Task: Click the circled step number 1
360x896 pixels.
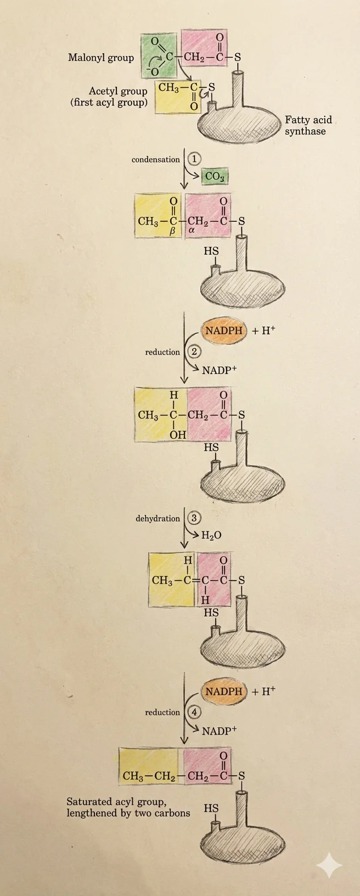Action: pyautogui.click(x=194, y=159)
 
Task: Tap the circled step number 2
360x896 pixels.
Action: pyautogui.click(x=194, y=351)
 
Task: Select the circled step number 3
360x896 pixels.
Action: pyautogui.click(x=194, y=518)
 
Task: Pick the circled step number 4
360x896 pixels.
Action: pyautogui.click(x=194, y=712)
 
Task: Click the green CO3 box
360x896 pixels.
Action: pyautogui.click(x=215, y=176)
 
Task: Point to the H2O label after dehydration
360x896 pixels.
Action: pyautogui.click(x=211, y=535)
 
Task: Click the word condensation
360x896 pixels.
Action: pyautogui.click(x=156, y=159)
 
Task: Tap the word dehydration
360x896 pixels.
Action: pyautogui.click(x=157, y=518)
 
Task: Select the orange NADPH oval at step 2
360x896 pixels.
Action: pyautogui.click(x=224, y=331)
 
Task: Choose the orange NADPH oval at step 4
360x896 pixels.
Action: pyautogui.click(x=224, y=691)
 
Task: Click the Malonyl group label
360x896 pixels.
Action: pyautogui.click(x=101, y=58)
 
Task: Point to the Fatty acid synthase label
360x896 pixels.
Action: pyautogui.click(x=308, y=126)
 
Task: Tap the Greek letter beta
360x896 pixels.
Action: pyautogui.click(x=173, y=231)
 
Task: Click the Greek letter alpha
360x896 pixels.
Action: pyautogui.click(x=192, y=231)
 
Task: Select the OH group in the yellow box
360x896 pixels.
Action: pyautogui.click(x=178, y=434)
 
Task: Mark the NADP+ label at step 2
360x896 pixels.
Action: pyautogui.click(x=219, y=370)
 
